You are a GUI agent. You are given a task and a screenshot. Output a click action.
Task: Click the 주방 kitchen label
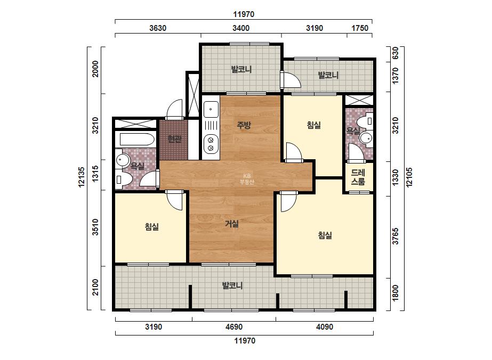pyautogui.click(x=244, y=125)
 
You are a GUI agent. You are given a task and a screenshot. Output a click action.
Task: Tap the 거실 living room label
pyautogui.click(x=232, y=224)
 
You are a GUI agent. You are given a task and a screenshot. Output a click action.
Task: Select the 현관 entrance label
pyautogui.click(x=174, y=138)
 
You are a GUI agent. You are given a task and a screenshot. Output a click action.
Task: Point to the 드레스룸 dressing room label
pyautogui.click(x=358, y=177)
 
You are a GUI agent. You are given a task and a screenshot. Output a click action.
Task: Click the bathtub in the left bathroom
pyautogui.click(x=135, y=139)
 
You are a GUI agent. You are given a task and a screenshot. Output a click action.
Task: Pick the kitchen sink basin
pyautogui.click(x=211, y=110)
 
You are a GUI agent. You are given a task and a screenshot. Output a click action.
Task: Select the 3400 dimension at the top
pyautogui.click(x=241, y=28)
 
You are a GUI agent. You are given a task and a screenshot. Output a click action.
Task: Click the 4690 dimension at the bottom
pyautogui.click(x=234, y=327)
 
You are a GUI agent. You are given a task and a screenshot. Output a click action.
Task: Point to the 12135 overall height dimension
pyautogui.click(x=82, y=177)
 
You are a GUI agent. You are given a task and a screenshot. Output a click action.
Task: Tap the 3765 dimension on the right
pyautogui.click(x=396, y=236)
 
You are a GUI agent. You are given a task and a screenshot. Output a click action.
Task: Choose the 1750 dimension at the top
pyautogui.click(x=360, y=28)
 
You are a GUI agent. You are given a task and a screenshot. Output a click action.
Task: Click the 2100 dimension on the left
pyautogui.click(x=95, y=287)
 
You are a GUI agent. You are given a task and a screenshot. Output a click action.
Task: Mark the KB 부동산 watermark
pyautogui.click(x=246, y=179)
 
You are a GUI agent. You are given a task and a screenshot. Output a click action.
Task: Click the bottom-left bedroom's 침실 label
pyautogui.click(x=152, y=226)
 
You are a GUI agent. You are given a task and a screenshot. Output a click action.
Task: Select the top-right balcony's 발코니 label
pyautogui.click(x=328, y=75)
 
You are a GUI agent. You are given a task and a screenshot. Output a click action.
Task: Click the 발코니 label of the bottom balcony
pyautogui.click(x=232, y=285)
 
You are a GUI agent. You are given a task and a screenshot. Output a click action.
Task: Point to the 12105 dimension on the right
pyautogui.click(x=409, y=177)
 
